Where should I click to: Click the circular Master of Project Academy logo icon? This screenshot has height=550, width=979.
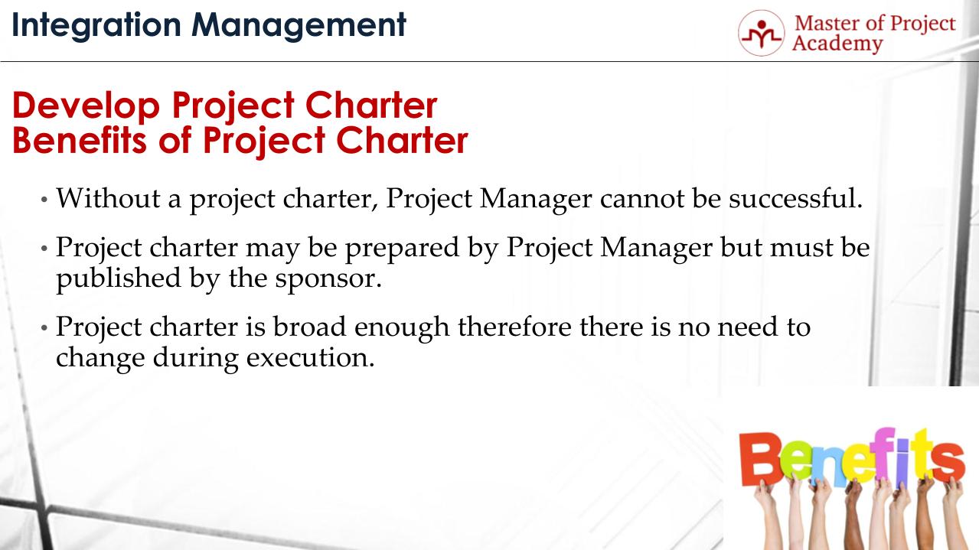761,33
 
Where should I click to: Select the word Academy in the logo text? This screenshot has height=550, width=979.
837,44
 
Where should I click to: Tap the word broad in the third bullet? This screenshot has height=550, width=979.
312,327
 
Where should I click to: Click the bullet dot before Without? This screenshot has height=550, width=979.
44,200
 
